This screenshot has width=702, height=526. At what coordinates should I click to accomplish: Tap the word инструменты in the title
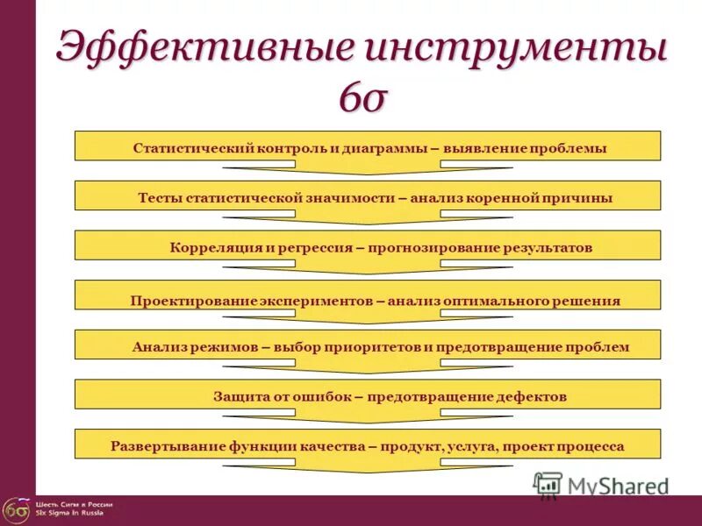[512, 47]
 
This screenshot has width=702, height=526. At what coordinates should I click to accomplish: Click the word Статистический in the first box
[193, 149]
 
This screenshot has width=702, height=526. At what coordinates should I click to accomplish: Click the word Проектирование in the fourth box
[190, 301]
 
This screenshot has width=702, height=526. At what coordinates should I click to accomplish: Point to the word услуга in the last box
[472, 446]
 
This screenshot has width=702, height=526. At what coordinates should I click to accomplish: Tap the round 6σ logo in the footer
[15, 509]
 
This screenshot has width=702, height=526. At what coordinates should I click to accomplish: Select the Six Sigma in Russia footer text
[69, 513]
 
